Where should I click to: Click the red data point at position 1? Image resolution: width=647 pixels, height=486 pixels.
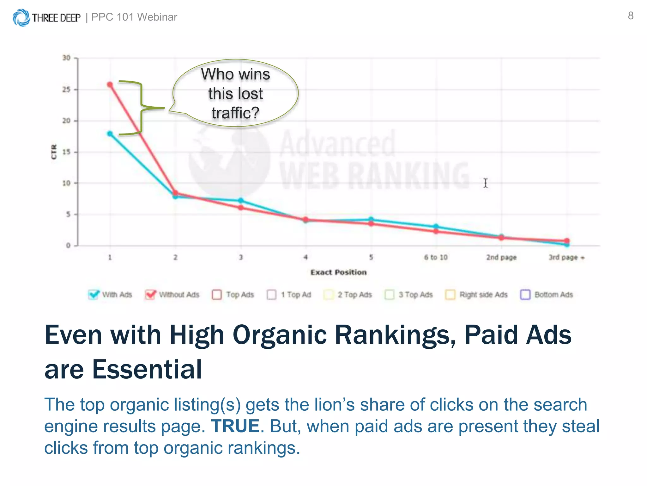(x=110, y=84)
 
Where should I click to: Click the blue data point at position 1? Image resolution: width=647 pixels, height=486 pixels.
(x=110, y=134)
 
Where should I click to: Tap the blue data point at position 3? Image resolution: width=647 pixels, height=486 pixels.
(x=241, y=201)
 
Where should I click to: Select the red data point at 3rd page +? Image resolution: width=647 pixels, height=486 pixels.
(x=567, y=241)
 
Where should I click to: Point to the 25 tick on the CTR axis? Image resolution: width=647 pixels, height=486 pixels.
(x=66, y=90)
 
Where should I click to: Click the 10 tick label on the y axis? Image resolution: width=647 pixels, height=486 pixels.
(x=66, y=183)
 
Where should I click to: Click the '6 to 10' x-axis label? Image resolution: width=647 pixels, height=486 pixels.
(x=436, y=257)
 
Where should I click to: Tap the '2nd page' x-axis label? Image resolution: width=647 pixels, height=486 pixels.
(x=501, y=257)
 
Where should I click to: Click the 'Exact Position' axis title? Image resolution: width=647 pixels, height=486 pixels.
(x=338, y=272)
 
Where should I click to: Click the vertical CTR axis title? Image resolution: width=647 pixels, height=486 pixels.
(x=54, y=152)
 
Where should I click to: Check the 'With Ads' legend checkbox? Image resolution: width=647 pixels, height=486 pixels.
(x=93, y=295)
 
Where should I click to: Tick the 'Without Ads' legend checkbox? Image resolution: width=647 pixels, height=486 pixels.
(x=150, y=295)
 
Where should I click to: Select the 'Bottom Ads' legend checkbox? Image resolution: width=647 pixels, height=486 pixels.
(x=525, y=295)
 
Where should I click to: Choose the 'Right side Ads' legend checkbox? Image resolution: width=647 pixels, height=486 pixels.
(x=450, y=295)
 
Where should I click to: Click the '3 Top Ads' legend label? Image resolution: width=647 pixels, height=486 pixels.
(x=415, y=295)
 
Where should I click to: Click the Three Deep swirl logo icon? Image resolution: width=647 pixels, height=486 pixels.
(x=21, y=17)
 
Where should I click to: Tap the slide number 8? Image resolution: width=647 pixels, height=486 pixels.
(x=631, y=16)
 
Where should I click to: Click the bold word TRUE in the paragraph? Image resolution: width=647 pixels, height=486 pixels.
(x=235, y=426)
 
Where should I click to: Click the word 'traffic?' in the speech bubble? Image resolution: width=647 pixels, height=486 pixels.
(x=235, y=113)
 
